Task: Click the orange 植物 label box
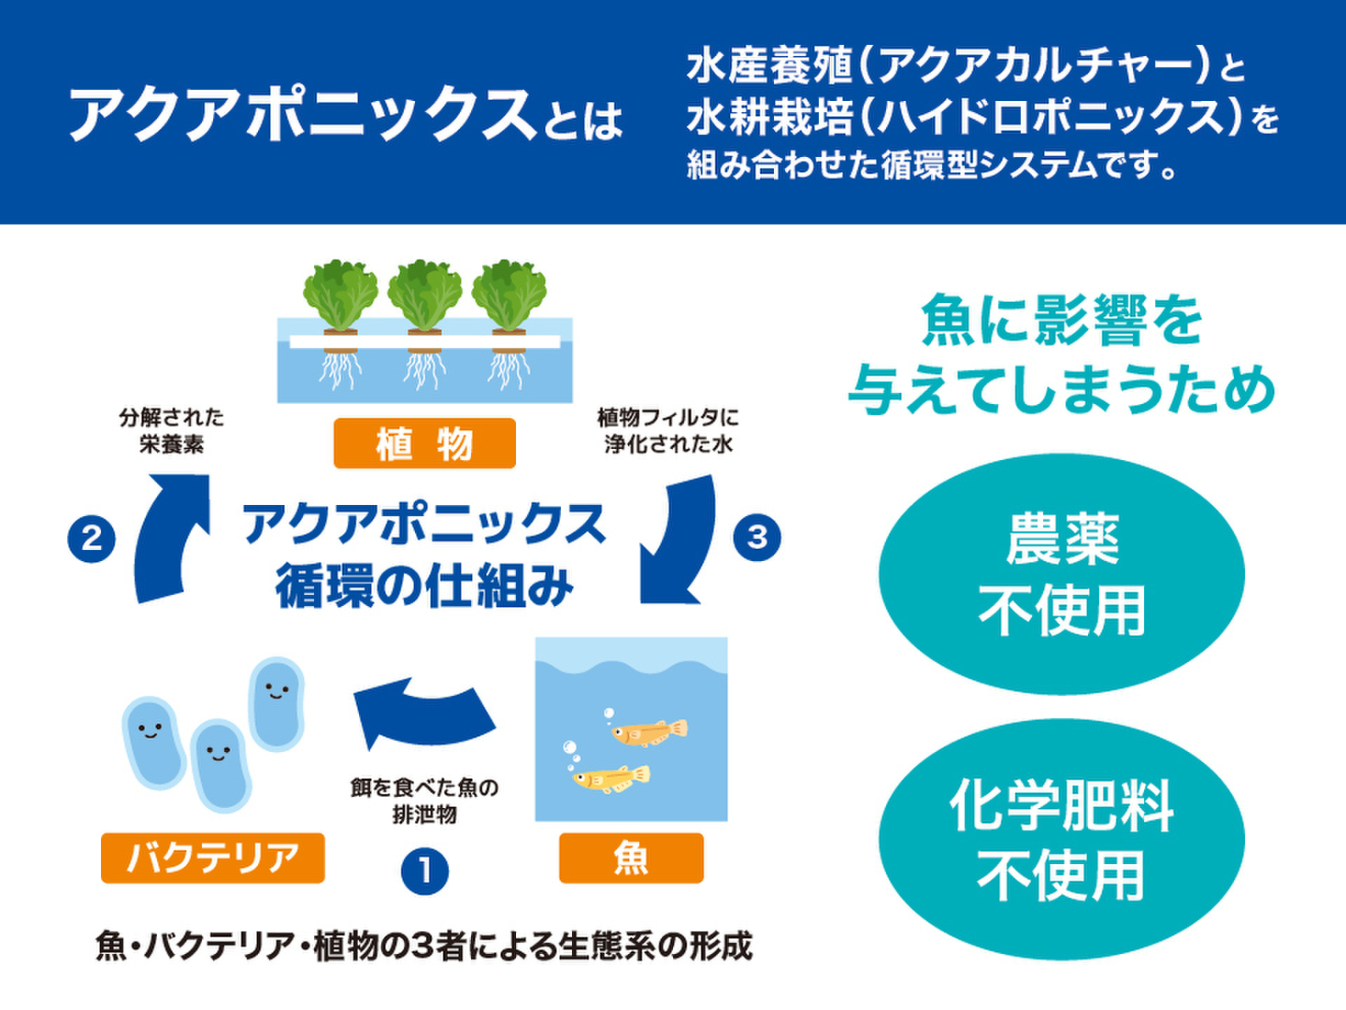[x=424, y=443]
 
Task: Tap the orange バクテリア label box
[x=213, y=858]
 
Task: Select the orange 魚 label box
[x=631, y=858]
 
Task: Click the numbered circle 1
[x=424, y=872]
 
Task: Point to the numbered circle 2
[x=92, y=539]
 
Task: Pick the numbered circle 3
[x=757, y=537]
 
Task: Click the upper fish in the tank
[x=649, y=731]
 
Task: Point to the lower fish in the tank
[x=610, y=777]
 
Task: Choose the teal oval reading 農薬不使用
[x=1062, y=574]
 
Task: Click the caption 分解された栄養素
[x=172, y=431]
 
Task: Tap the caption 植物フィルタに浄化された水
[x=668, y=431]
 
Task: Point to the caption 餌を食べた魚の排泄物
[x=424, y=801]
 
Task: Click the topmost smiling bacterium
[x=277, y=704]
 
